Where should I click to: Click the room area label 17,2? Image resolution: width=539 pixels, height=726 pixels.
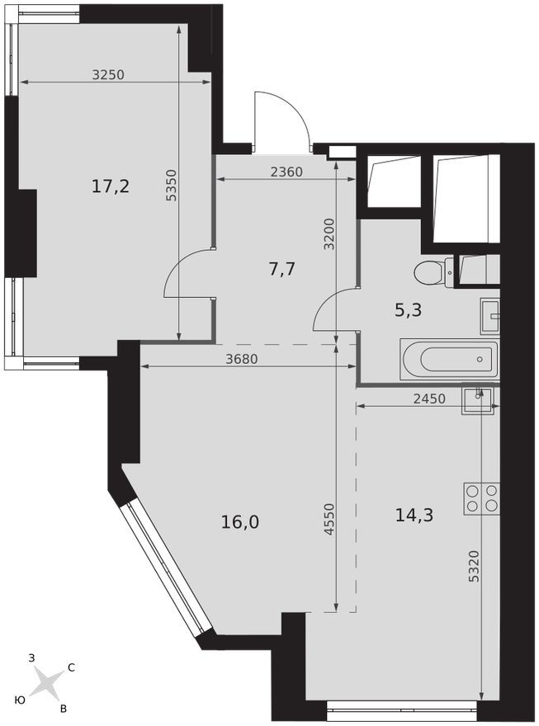(x=110, y=186)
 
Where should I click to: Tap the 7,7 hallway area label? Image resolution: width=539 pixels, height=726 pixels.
(x=282, y=268)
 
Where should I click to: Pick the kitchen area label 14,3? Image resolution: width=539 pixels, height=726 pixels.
(x=414, y=515)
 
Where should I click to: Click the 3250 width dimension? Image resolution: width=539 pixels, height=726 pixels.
(x=107, y=74)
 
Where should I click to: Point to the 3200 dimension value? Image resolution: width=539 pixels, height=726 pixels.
(x=329, y=234)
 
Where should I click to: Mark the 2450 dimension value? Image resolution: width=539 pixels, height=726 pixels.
(x=429, y=398)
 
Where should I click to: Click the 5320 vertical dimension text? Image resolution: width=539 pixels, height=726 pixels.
(x=473, y=568)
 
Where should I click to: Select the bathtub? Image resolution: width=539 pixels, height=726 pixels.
(x=450, y=360)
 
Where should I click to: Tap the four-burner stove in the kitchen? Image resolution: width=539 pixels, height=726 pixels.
(x=481, y=497)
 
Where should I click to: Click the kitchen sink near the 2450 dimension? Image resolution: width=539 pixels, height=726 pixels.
(x=478, y=397)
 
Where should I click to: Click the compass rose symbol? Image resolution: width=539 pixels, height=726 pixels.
(x=50, y=682)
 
